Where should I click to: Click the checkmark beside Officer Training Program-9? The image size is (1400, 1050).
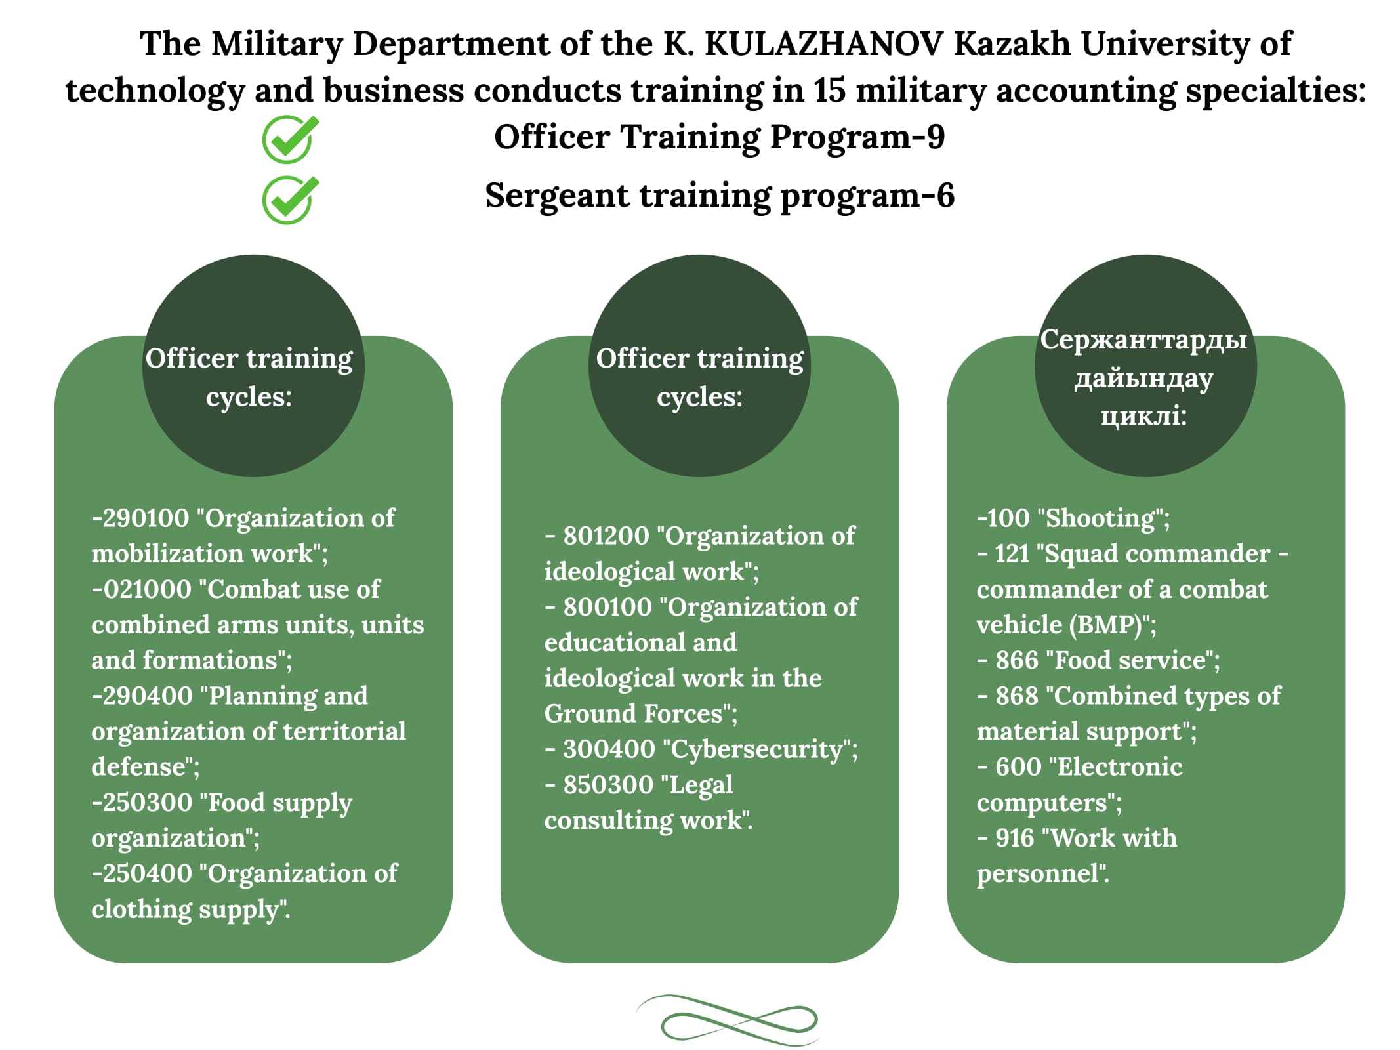point(290,139)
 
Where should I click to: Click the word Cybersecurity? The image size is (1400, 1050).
point(756,750)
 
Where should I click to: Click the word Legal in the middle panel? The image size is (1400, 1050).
point(701,786)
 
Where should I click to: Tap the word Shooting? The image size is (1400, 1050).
point(1100,519)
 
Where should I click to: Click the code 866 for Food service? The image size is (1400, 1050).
point(1017,660)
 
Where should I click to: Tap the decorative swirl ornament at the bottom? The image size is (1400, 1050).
point(727,1020)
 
